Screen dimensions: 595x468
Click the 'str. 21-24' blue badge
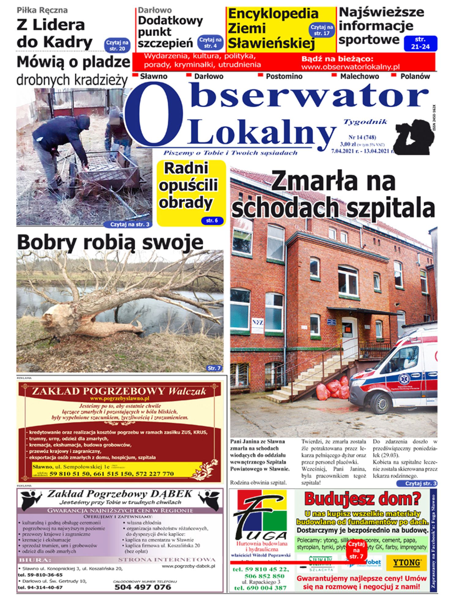click(x=420, y=43)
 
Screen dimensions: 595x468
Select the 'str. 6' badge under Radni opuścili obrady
click(x=212, y=220)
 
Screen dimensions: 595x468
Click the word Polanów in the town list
click(x=415, y=76)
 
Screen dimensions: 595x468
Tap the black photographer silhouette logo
click(x=412, y=137)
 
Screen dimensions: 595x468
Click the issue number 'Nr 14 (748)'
click(x=362, y=137)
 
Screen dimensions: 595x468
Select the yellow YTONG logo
click(x=406, y=562)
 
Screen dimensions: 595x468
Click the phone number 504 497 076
click(x=143, y=587)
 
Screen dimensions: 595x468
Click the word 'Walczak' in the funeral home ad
click(x=187, y=391)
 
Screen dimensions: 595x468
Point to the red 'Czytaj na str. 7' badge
click(x=356, y=550)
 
